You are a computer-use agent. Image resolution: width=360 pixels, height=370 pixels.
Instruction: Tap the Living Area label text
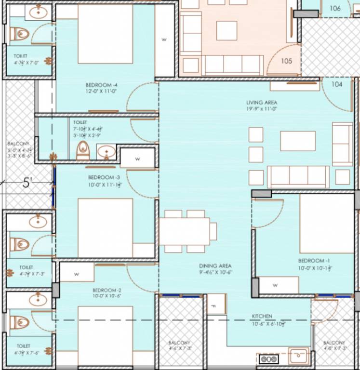[x=262, y=103]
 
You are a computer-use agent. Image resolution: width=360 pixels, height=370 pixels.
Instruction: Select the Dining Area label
[x=215, y=266]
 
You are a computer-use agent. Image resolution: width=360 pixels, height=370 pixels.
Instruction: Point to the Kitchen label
[x=262, y=317]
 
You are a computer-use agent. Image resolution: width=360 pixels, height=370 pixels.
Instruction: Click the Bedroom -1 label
[x=314, y=261]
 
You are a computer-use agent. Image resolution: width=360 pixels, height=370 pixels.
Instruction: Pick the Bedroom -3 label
[x=101, y=177]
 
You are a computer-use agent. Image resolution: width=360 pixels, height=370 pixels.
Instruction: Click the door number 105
[x=287, y=61]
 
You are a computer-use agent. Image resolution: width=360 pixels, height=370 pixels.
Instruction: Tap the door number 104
[x=337, y=84]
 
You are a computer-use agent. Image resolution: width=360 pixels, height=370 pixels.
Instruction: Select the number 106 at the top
[x=335, y=8]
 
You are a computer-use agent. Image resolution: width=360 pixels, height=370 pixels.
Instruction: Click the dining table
[x=185, y=232]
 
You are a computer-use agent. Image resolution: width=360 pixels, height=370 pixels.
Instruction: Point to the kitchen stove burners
[x=268, y=359]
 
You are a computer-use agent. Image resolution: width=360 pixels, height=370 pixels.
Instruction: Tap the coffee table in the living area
[x=298, y=141]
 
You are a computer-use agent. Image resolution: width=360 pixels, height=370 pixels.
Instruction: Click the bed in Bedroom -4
[x=105, y=34]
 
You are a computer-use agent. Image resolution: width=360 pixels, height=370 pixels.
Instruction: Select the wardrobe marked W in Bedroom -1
[x=275, y=285]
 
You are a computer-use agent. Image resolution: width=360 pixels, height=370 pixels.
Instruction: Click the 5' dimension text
[x=27, y=183]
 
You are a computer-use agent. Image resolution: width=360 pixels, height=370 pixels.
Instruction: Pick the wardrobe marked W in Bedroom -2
[x=77, y=274]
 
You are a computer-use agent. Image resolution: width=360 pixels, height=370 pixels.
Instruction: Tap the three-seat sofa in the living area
[x=298, y=176]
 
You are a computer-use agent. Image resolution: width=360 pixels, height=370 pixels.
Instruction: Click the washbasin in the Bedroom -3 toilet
[x=106, y=152]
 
